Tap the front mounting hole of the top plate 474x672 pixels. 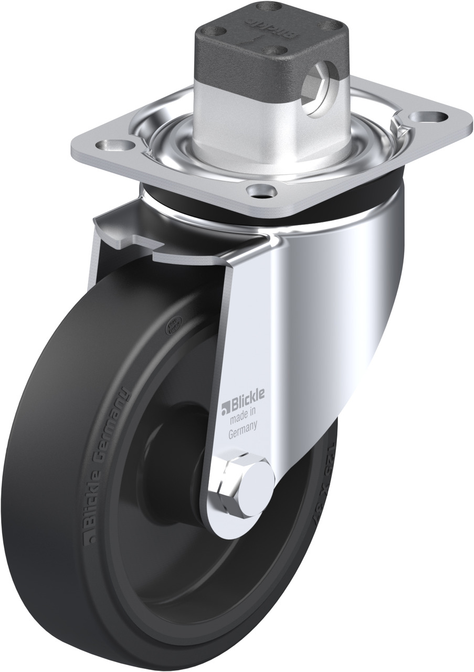(261, 191)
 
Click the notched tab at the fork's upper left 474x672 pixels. (131, 231)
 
